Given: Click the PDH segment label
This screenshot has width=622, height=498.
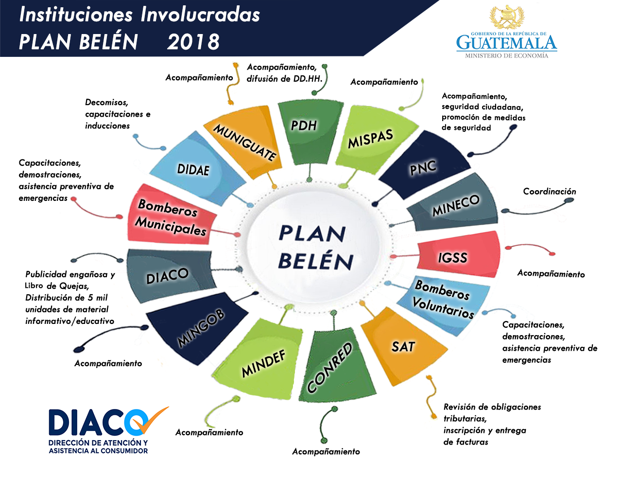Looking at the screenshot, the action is pos(304,125).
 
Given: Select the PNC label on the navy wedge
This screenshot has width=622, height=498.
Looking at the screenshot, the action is pos(423,168).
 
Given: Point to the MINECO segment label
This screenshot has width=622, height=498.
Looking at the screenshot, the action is pos(456,205).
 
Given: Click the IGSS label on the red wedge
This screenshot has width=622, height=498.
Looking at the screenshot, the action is pos(452,258).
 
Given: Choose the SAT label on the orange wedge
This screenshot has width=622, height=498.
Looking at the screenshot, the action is pos(403,347).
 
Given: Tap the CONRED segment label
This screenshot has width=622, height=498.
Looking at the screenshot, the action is pos(329,368).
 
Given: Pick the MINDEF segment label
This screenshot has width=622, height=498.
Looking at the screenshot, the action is pos(263,364).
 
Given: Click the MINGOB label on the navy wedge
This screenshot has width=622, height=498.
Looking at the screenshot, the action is pos(201,328).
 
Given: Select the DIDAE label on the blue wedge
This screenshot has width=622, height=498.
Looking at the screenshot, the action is pos(193,170).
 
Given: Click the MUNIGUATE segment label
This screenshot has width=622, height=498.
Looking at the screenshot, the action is pos(244,142).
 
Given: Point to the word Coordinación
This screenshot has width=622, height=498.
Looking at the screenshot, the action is pos(550,191).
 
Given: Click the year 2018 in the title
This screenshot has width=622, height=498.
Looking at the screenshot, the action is pos(193,42).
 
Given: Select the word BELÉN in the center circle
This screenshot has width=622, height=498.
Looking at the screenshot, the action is pos(316,261).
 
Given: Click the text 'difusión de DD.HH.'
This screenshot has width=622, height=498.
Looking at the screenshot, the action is pos(284,79).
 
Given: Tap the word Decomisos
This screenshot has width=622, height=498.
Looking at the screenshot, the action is pos(106,103).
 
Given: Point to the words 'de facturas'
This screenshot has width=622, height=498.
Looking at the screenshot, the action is pos(466,442).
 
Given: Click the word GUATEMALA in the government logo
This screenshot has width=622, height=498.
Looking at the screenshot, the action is pos(507,43).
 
